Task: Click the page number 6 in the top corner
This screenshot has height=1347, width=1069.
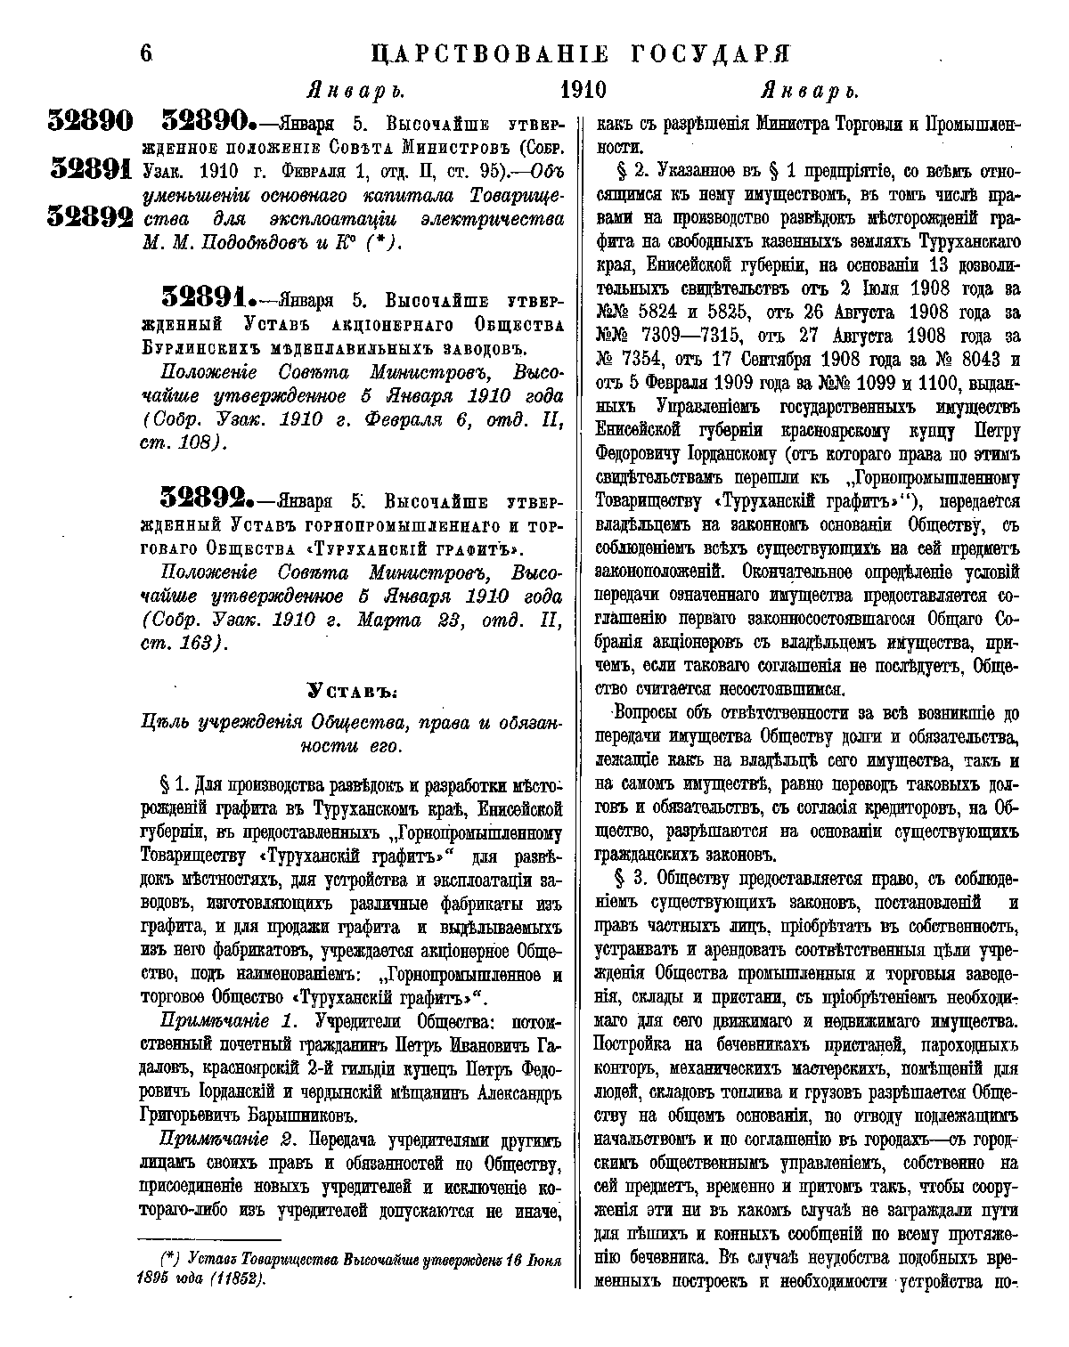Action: [x=146, y=53]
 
